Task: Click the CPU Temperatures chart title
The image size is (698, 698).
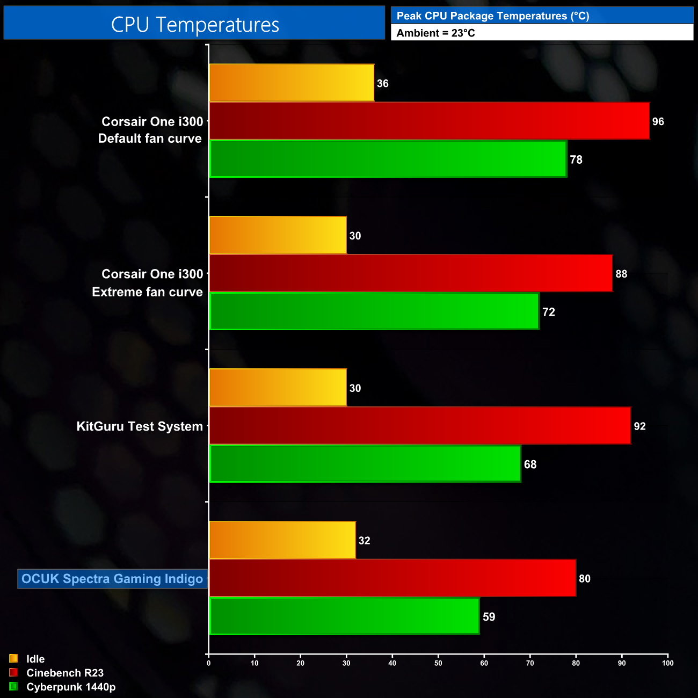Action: coord(194,24)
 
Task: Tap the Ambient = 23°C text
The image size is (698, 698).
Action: coord(435,33)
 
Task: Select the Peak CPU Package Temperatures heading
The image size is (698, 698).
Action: coord(492,16)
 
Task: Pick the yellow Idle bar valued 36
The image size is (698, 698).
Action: coord(291,83)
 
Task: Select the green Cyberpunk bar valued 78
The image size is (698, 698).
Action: coord(387,159)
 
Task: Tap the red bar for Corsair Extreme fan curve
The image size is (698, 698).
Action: coord(410,273)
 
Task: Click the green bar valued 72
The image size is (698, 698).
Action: coord(374,311)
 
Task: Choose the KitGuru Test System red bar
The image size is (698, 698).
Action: coord(419,426)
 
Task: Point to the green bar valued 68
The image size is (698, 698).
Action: coord(365,464)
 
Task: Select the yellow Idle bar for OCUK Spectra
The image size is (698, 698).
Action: coord(282,540)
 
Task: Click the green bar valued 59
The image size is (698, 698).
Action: coord(344,616)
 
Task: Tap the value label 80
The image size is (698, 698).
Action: coord(585,579)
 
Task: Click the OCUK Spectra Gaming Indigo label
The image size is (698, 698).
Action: coord(112,579)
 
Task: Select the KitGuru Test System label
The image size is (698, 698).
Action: coord(140,426)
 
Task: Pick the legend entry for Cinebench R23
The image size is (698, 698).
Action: coord(64,673)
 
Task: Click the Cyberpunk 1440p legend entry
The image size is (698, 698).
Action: coord(70,687)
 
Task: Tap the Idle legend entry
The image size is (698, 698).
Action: coord(35,659)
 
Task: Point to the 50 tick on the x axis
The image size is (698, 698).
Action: coord(438,663)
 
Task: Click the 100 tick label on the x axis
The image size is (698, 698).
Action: coord(667,663)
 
